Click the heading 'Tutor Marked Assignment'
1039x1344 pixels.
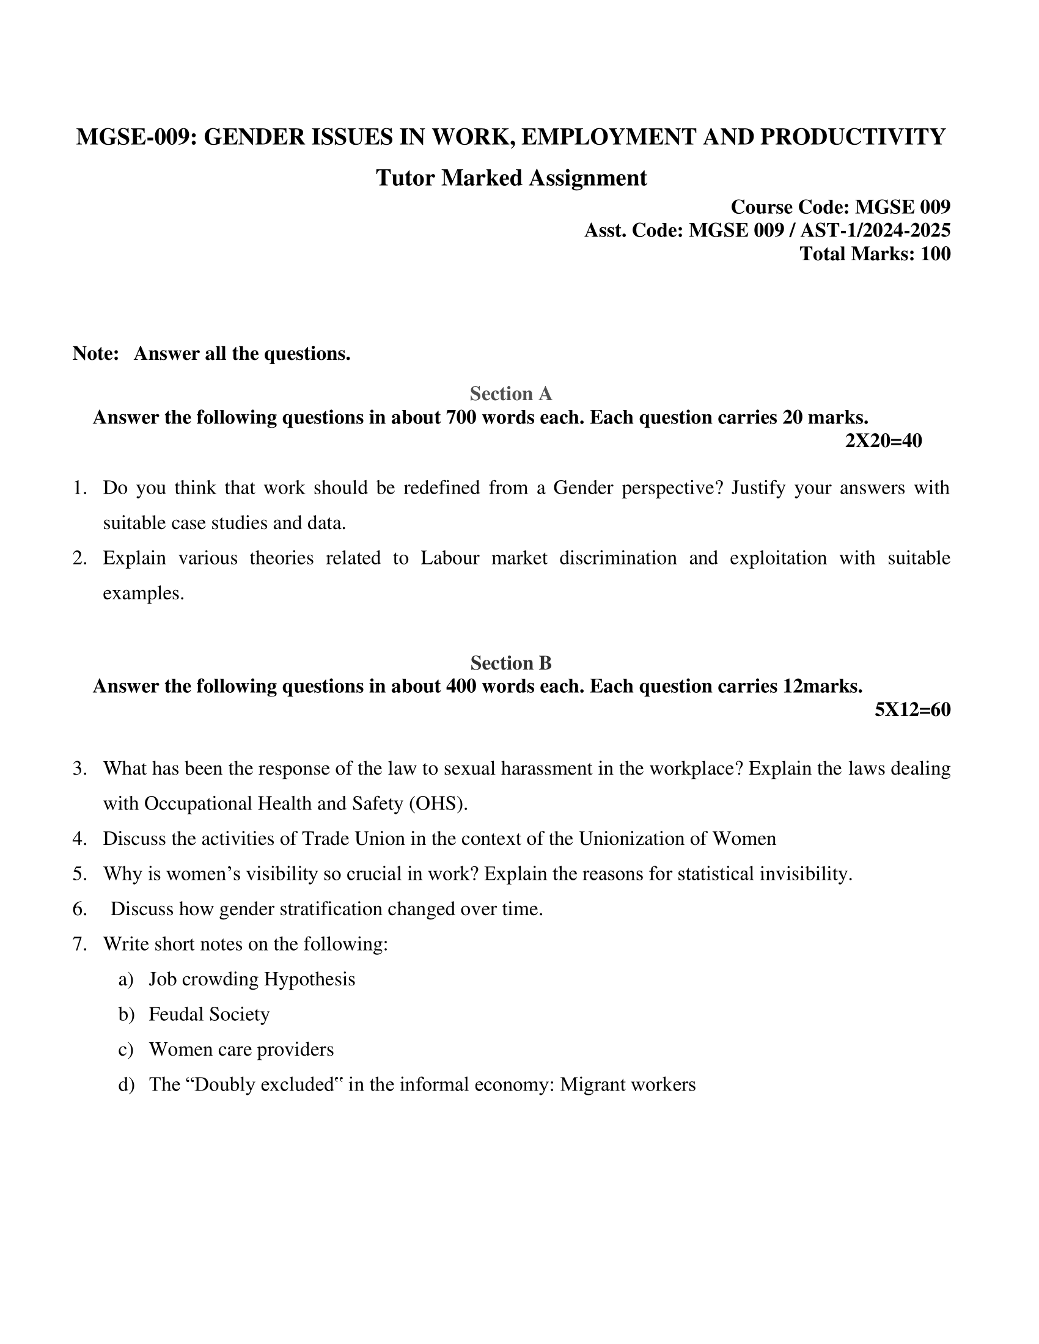[x=511, y=178]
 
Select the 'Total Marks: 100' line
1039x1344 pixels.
[x=875, y=254]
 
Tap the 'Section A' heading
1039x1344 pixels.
[x=511, y=393]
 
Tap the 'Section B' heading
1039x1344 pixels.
[x=511, y=663]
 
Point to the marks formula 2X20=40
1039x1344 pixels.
[x=883, y=440]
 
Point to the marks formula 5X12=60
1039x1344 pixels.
[x=912, y=709]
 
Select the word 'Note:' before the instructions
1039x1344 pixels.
[x=95, y=354]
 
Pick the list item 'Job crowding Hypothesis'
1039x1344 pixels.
[x=252, y=979]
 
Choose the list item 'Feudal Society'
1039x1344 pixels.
[x=209, y=1014]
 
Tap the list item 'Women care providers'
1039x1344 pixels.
[x=241, y=1049]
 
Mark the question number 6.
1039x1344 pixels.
[x=80, y=909]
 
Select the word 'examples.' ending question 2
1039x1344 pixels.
[x=144, y=593]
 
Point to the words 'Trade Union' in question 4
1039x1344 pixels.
[x=353, y=839]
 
